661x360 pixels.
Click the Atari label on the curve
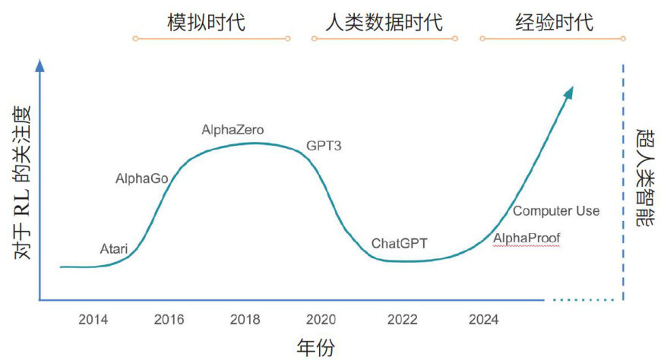click(x=115, y=248)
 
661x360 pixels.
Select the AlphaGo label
click(x=141, y=179)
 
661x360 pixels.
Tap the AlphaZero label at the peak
click(x=232, y=130)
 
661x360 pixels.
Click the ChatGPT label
click(x=400, y=244)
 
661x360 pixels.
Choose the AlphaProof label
click(x=527, y=239)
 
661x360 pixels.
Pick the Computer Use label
click(x=556, y=211)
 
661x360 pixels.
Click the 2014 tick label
click(x=93, y=320)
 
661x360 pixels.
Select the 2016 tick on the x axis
click(x=169, y=320)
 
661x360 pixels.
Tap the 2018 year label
click(x=245, y=320)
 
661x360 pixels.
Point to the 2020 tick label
click(x=320, y=320)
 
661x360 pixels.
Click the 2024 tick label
click(x=485, y=320)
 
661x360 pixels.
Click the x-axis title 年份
click(x=315, y=347)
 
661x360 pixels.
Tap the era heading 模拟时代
click(x=206, y=22)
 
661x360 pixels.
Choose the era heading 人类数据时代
click(x=384, y=22)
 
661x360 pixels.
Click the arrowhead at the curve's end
click(x=569, y=92)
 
